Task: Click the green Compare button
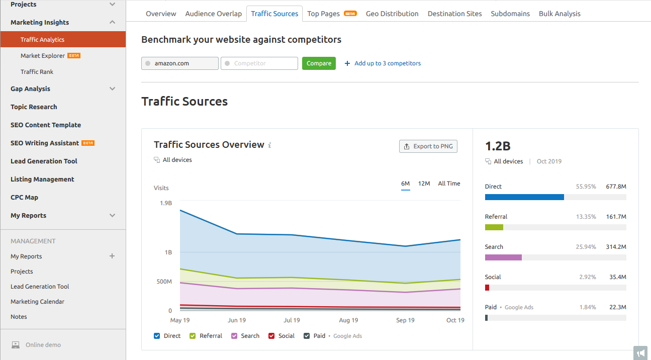pos(319,63)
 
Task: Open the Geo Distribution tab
pos(392,14)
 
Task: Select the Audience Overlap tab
pos(213,14)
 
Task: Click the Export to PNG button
pos(428,146)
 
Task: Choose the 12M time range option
pos(424,184)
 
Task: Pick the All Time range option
pos(449,184)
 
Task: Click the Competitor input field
pos(259,63)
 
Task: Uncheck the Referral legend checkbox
pos(193,336)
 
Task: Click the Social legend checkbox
pos(271,336)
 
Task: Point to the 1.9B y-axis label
pos(165,203)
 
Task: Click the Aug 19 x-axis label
pos(348,320)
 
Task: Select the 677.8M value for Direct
pos(616,187)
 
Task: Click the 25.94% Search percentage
pos(586,247)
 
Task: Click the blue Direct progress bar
pos(524,197)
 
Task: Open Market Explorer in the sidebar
pos(43,56)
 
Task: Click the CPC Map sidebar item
pos(24,198)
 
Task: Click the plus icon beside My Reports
pos(112,256)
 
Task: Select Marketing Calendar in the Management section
pos(37,302)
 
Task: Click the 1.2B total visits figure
pos(498,146)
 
